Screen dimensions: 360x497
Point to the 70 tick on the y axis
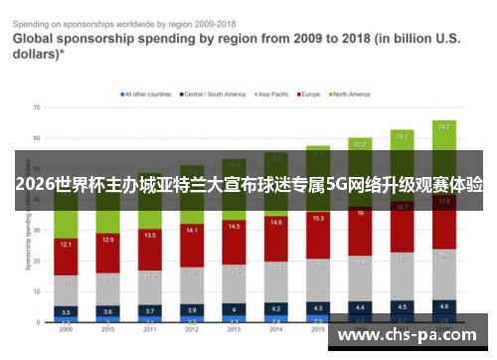(36, 105)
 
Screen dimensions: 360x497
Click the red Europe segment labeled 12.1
(66, 244)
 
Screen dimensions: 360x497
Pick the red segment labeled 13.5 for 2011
(149, 236)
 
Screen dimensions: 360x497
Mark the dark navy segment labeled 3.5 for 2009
(66, 310)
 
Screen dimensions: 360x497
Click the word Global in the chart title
(38, 39)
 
